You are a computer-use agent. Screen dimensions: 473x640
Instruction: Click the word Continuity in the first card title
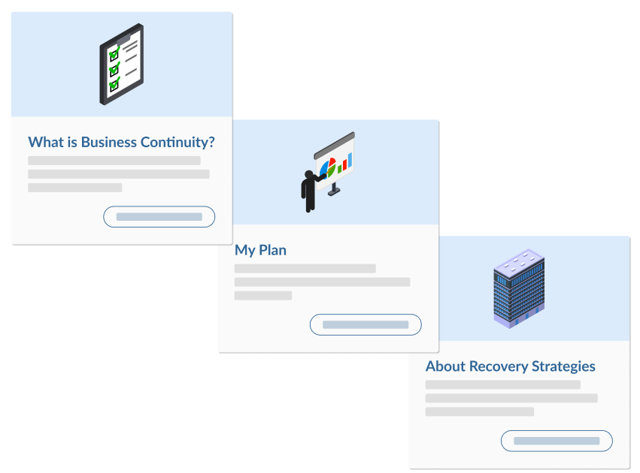pos(179,142)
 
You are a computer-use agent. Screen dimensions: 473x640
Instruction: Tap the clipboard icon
pos(121,64)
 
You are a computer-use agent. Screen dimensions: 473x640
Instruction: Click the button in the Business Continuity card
pos(159,217)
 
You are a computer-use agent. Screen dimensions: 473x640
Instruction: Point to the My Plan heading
pos(260,250)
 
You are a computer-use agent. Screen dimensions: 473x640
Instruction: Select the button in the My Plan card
pos(365,325)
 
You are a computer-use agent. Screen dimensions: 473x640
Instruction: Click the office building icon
pos(518,288)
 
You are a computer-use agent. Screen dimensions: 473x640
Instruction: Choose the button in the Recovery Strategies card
pos(557,441)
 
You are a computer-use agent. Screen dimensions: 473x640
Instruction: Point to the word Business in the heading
pos(109,142)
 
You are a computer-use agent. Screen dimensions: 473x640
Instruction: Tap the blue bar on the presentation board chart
pos(348,160)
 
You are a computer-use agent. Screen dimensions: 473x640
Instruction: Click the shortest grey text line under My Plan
pos(262,296)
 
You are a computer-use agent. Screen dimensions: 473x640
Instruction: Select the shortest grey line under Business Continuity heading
pos(74,188)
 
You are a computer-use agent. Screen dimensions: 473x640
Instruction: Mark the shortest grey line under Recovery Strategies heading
pos(479,411)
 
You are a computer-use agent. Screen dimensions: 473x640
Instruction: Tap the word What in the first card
pos(44,142)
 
